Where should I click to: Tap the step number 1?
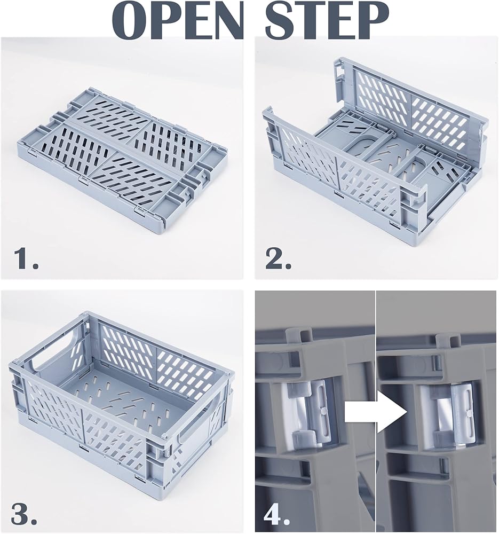[x=25, y=258]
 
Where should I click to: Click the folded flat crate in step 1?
[x=121, y=156]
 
